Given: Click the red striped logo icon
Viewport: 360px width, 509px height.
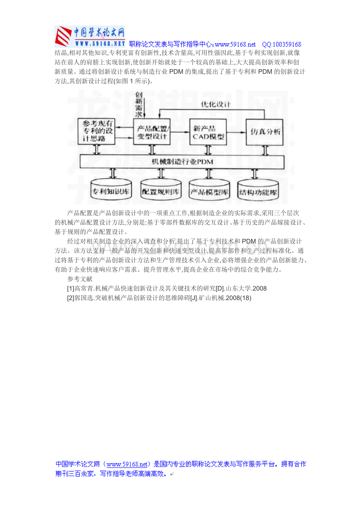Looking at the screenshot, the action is coord(63,36).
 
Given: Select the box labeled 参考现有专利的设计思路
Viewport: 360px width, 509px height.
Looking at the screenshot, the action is coord(96,131).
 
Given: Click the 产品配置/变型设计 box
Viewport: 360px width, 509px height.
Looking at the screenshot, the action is coord(152,132).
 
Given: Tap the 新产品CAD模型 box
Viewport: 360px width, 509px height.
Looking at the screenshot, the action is coord(208,132).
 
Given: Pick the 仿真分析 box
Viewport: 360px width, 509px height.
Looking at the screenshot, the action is coord(265,132).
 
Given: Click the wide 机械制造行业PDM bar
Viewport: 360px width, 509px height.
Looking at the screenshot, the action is coord(182,162).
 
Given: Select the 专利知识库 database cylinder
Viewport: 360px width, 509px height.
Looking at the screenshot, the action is coord(111,190).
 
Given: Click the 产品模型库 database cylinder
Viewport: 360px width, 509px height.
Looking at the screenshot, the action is coord(209,191).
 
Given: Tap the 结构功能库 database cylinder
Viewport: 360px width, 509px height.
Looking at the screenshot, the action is coord(258,191).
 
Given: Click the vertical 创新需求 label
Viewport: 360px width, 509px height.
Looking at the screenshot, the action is coord(139,104).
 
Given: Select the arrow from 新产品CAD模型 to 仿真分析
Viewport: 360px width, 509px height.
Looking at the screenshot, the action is coord(236,132).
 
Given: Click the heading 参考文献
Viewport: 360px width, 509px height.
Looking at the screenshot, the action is coord(80,279).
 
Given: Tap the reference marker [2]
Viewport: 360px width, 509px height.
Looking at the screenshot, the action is coord(71,298).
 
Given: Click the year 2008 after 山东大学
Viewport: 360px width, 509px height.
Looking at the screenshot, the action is coord(259,289).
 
